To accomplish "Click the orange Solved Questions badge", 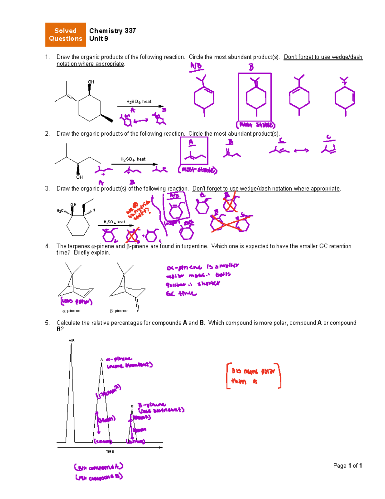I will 65,35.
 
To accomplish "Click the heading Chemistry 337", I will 112,31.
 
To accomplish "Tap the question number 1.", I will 47,57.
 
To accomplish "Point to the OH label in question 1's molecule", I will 91,82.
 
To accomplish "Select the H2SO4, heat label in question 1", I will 139,102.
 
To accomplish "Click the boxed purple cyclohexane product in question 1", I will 255,97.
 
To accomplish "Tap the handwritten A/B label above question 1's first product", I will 196,66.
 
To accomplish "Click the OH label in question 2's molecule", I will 79,177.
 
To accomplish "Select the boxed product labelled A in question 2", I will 194,151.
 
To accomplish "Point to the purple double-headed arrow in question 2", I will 301,150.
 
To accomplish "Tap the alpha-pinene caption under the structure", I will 71,311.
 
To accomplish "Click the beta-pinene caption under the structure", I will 119,311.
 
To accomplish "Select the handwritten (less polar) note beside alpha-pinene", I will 76,301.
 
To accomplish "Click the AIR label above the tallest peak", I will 71,340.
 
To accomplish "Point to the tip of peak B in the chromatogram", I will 132,410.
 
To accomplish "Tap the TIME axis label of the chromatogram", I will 110,451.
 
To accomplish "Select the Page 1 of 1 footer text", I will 347,466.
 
